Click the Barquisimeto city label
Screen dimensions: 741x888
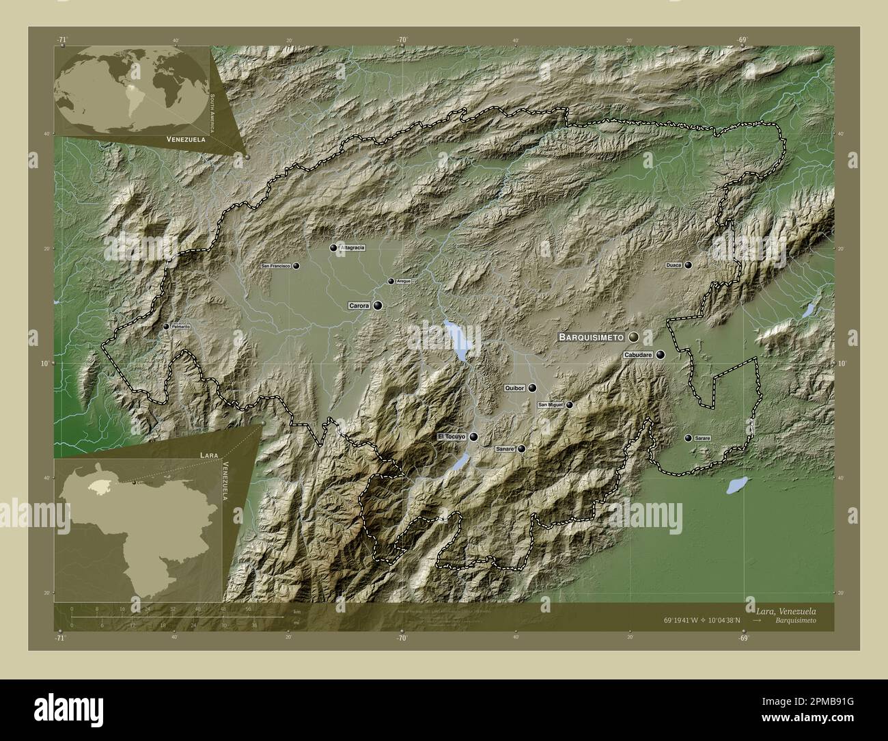click(x=591, y=337)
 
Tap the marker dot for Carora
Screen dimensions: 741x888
click(x=377, y=306)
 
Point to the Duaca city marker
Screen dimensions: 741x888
click(x=689, y=265)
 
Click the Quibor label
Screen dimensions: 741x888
click(x=514, y=388)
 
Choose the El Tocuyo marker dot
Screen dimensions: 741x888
click(x=473, y=437)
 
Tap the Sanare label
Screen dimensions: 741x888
click(x=504, y=449)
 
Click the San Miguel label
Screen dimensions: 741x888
click(x=551, y=405)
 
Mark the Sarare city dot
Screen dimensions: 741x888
click(x=688, y=437)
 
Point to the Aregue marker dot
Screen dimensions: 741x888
click(x=391, y=281)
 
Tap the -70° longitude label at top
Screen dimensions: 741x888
click(x=402, y=40)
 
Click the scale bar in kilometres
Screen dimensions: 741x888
click(x=176, y=617)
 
